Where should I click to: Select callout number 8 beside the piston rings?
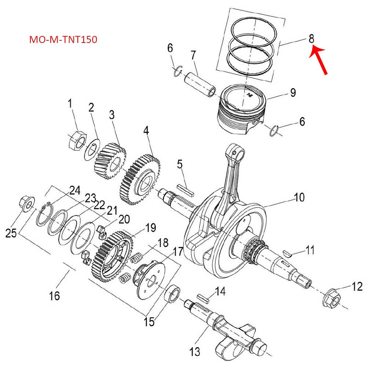pyautogui.click(x=311, y=39)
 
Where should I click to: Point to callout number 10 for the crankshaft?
pyautogui.click(x=299, y=198)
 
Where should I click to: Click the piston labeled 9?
pyautogui.click(x=241, y=110)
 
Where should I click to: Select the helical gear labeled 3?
pyautogui.click(x=110, y=162)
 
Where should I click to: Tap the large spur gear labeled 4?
pyautogui.click(x=140, y=180)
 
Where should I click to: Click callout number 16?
pyautogui.click(x=54, y=296)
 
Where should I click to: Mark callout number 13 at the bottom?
pyautogui.click(x=195, y=352)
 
